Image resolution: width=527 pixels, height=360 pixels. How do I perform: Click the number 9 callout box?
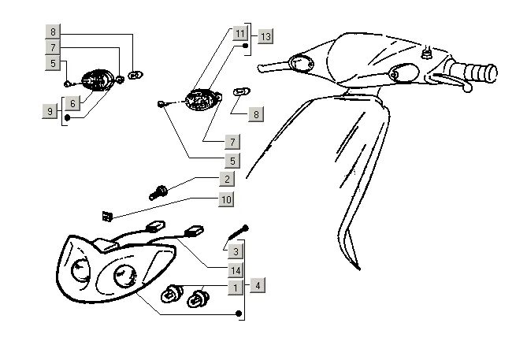point(50,112)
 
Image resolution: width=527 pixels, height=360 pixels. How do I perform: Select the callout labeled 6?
point(72,103)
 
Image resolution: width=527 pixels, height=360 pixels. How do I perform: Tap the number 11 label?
point(239,34)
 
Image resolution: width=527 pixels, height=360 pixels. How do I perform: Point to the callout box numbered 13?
point(265,37)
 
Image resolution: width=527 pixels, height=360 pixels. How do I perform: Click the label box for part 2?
point(227,180)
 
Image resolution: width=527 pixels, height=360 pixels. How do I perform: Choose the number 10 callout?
point(226,199)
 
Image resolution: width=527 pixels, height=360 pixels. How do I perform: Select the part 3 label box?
point(236,252)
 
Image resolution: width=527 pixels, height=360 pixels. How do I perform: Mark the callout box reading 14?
point(236,270)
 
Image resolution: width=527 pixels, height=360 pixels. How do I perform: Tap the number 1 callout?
point(236,287)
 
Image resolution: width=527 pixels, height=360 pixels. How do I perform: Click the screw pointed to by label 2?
point(157,191)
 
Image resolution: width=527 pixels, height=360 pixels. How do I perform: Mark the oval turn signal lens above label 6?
point(98,80)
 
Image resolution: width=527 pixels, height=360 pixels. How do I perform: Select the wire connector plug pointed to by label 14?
point(193,231)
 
